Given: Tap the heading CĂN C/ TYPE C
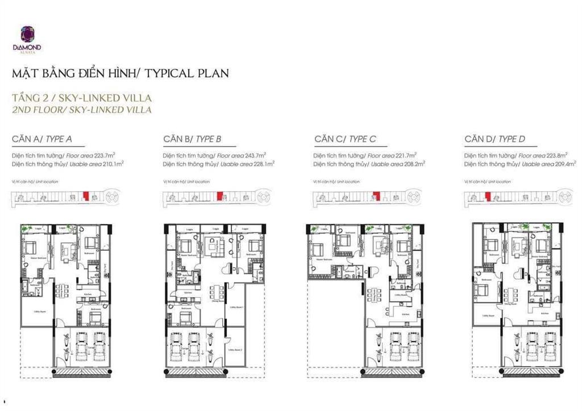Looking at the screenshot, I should (x=345, y=139).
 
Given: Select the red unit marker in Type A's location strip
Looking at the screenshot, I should (x=86, y=196).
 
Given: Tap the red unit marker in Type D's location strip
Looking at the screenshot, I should (x=487, y=196).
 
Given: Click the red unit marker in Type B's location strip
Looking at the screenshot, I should (x=219, y=196).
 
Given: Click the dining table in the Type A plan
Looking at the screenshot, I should (x=61, y=292).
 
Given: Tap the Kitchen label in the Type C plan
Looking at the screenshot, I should (x=406, y=314).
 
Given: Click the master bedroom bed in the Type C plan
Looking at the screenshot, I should (x=317, y=251).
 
